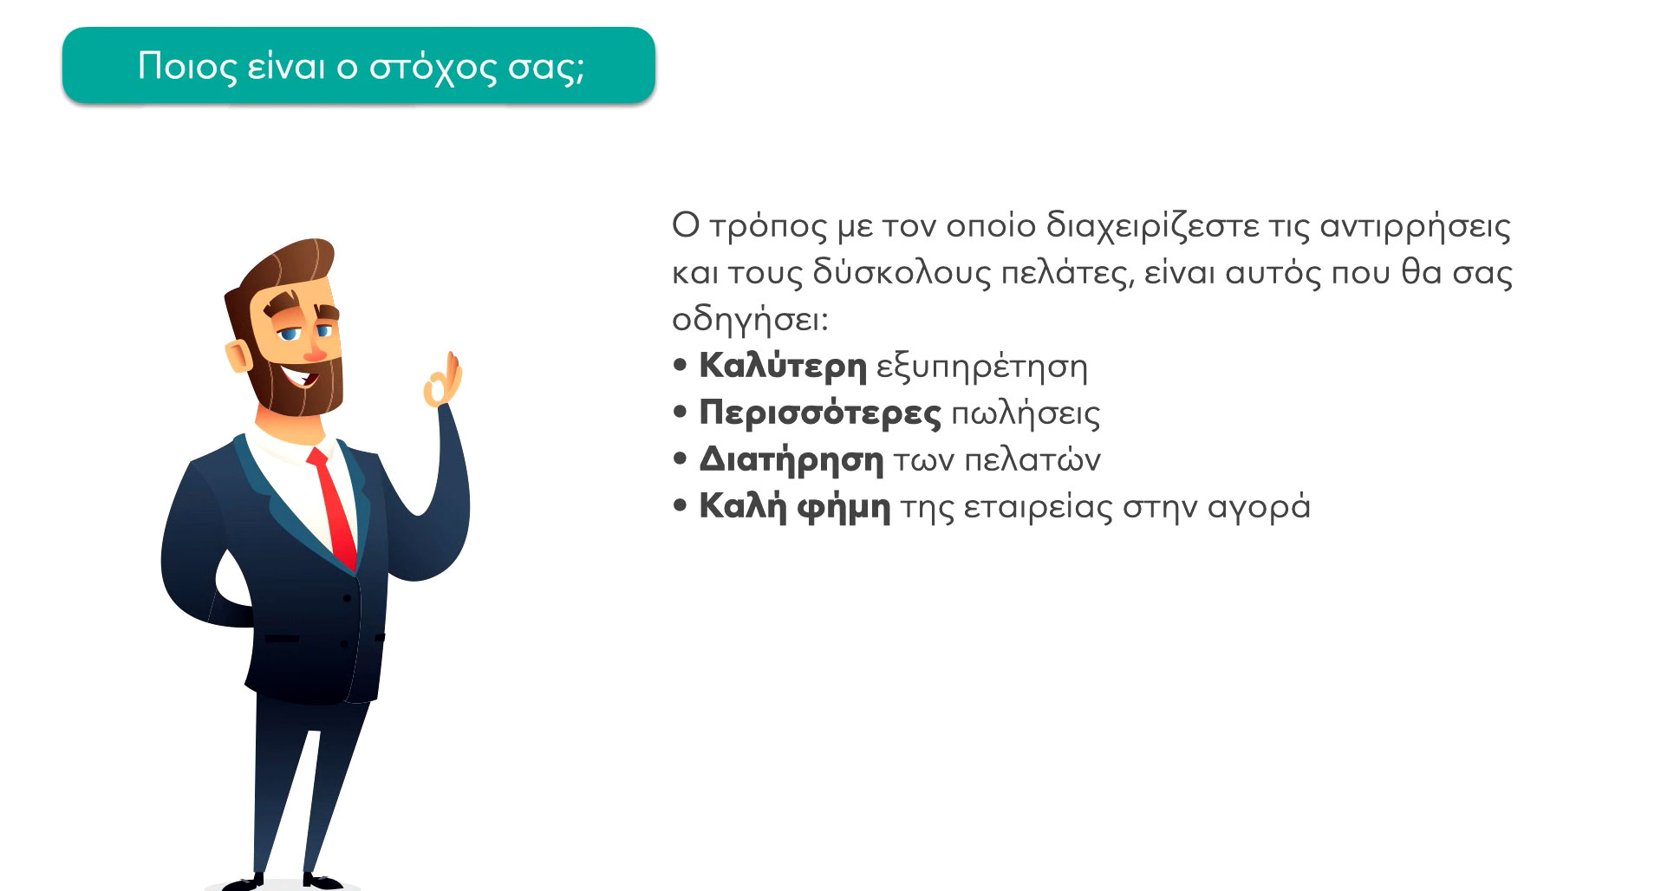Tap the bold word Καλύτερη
click(783, 366)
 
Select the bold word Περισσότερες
click(819, 413)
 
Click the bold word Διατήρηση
click(791, 459)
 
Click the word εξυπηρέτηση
click(981, 367)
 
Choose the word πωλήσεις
click(1026, 414)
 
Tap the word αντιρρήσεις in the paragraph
click(1415, 227)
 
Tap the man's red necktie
click(337, 508)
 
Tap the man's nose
click(314, 350)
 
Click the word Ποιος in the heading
click(187, 67)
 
